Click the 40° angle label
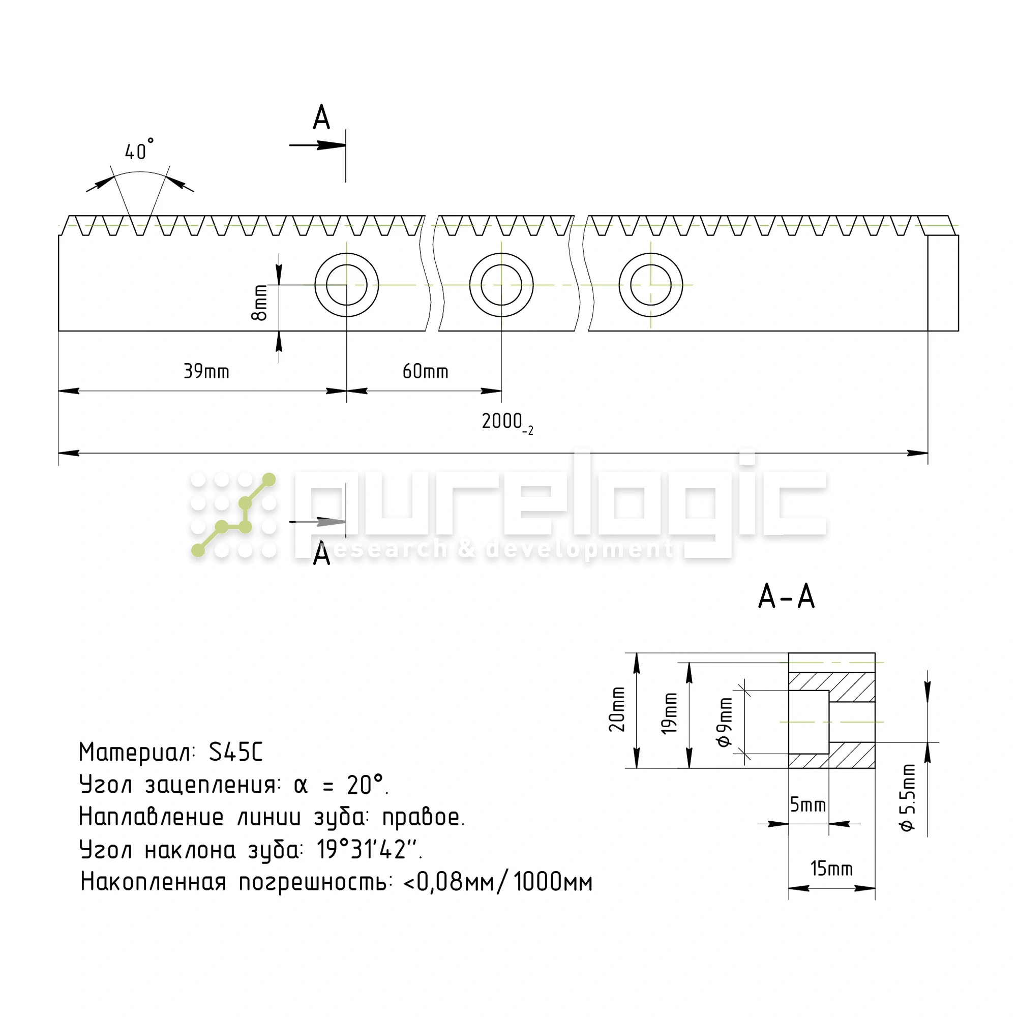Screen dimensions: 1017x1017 click(x=139, y=151)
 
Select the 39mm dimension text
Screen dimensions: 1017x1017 click(x=206, y=372)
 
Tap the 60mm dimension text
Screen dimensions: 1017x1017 click(x=425, y=372)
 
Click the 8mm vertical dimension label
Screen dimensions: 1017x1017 click(x=260, y=303)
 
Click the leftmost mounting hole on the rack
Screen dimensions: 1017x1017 click(x=346, y=285)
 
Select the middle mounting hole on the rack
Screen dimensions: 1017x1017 click(x=501, y=285)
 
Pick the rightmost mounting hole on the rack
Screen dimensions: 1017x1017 click(x=651, y=285)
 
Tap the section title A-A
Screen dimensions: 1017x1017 click(x=787, y=597)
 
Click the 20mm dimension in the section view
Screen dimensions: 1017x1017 click(x=617, y=709)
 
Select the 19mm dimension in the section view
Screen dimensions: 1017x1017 click(x=669, y=714)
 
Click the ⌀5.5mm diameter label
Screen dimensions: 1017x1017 click(x=908, y=797)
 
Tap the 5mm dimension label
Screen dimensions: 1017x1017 click(x=807, y=804)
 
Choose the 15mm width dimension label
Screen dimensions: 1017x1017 click(x=831, y=869)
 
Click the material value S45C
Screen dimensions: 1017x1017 click(x=235, y=752)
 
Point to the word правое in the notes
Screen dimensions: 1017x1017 click(x=423, y=817)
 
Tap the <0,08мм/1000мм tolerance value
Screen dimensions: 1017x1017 click(x=498, y=882)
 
